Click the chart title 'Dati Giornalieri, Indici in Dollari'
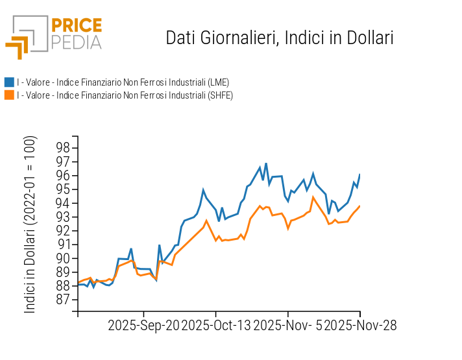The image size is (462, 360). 280,38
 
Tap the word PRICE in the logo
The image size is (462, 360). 76,26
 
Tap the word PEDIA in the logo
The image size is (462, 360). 76,43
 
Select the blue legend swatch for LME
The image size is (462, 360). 9,82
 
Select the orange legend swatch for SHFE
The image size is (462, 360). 9,95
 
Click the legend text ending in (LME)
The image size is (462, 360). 123,82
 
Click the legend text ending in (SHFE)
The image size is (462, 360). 125,95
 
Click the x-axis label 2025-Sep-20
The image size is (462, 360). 143,325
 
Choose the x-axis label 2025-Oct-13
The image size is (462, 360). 216,325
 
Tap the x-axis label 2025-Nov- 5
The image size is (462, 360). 287,325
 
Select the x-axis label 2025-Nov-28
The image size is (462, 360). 360,325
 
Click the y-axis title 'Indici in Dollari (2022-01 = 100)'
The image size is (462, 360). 30,224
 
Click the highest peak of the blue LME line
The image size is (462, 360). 266,163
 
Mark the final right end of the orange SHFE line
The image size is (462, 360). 359,206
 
